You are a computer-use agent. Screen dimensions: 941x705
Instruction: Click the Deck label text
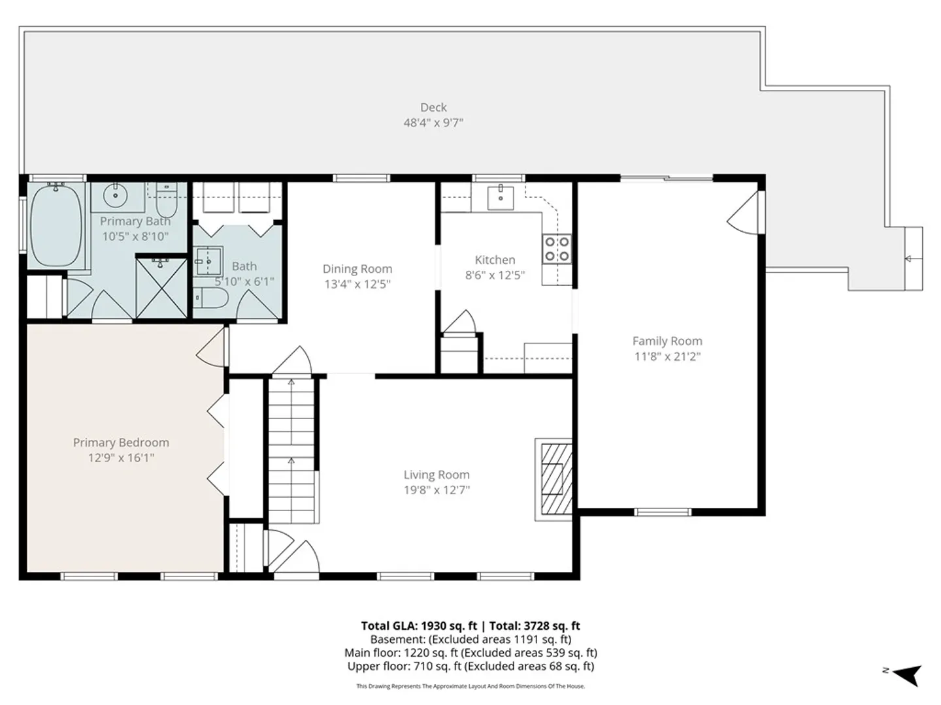click(x=433, y=108)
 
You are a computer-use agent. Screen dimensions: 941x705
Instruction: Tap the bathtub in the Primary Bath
click(x=56, y=226)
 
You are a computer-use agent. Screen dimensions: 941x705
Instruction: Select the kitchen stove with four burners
click(x=557, y=249)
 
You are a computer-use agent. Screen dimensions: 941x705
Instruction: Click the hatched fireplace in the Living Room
click(x=556, y=479)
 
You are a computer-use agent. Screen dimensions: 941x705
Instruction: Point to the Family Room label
click(x=667, y=341)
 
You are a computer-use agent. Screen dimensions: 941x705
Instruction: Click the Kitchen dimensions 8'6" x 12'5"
click(x=495, y=275)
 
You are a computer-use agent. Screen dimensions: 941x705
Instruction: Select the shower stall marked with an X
click(x=161, y=288)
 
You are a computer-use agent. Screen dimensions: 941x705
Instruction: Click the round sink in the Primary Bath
click(x=115, y=196)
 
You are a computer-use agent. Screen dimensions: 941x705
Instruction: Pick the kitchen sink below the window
click(x=501, y=197)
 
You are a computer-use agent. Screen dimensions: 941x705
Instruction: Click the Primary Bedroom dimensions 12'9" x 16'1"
click(x=121, y=458)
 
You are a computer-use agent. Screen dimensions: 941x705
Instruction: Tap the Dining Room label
click(x=357, y=269)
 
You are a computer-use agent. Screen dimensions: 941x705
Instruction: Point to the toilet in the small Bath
click(x=210, y=298)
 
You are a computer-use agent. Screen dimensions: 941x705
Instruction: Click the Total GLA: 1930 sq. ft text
click(x=419, y=626)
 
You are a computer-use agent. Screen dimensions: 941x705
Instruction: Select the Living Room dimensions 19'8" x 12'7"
click(x=437, y=490)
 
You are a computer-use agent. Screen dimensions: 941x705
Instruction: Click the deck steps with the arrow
click(x=913, y=258)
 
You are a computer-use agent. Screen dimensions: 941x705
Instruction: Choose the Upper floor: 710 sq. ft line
click(x=470, y=666)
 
